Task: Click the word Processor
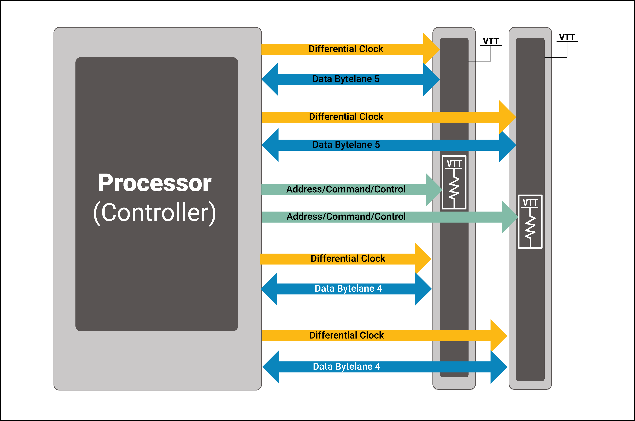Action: pyautogui.click(x=155, y=183)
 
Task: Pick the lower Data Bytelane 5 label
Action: pyautogui.click(x=346, y=145)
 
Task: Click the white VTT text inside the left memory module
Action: pyautogui.click(x=454, y=163)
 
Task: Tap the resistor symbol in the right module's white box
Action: pyautogui.click(x=530, y=227)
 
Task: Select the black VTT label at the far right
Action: pyautogui.click(x=567, y=37)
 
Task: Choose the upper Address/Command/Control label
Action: pyautogui.click(x=346, y=189)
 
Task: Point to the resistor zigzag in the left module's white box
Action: pyautogui.click(x=454, y=188)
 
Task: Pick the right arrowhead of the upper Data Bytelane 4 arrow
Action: pyautogui.click(x=423, y=289)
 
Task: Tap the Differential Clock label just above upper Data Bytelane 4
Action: pyautogui.click(x=348, y=259)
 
